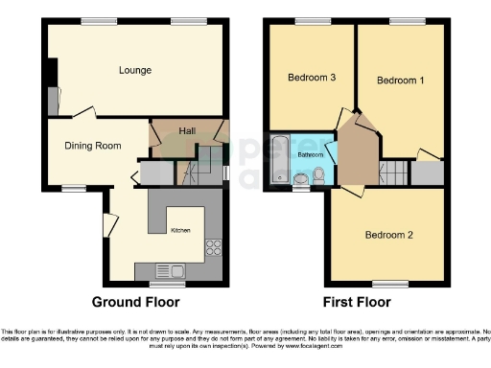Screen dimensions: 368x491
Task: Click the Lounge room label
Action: [135, 70]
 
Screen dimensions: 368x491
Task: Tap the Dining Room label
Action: [92, 146]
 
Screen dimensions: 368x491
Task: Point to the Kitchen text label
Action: [180, 231]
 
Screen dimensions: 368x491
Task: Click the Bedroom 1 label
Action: [400, 80]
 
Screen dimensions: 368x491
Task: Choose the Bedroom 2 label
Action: [387, 235]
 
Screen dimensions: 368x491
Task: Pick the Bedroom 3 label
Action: [311, 78]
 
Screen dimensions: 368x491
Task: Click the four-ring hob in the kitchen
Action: [213, 244]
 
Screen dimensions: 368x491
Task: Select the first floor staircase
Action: [391, 173]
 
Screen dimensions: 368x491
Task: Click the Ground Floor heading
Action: [135, 302]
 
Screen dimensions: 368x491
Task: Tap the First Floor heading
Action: [357, 302]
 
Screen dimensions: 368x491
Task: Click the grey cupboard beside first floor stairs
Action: [427, 173]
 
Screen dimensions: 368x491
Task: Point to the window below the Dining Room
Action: [75, 187]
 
